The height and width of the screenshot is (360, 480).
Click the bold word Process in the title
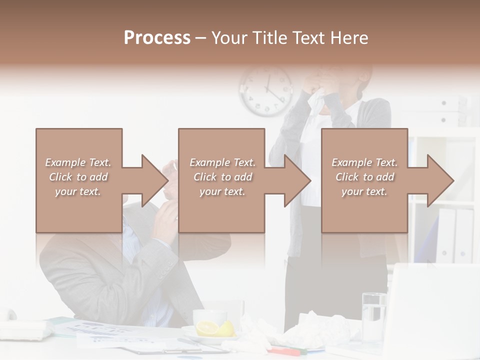157,38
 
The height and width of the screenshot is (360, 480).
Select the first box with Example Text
79,180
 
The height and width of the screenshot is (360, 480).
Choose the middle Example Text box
221,180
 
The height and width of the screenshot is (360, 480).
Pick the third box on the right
364,180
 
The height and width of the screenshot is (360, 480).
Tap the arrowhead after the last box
434,180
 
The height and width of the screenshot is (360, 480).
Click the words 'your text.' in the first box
78,191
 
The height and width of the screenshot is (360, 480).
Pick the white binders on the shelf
455,235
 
